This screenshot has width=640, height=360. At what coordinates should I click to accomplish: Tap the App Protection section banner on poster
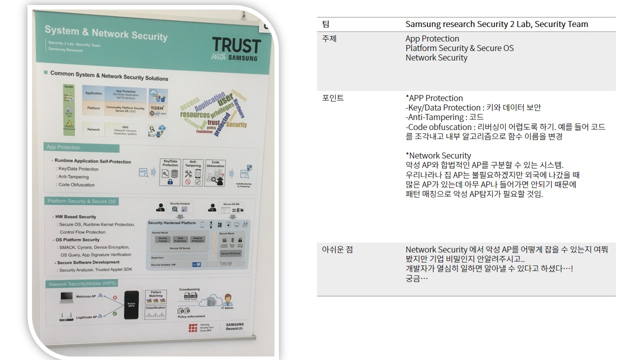point(63,147)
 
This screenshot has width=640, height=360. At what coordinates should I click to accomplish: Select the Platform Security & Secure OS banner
point(81,201)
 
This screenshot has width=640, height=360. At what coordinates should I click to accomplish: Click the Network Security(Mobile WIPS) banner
point(83,284)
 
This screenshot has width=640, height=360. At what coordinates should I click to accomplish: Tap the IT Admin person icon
point(228,300)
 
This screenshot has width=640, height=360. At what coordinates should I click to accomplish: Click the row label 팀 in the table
point(326,24)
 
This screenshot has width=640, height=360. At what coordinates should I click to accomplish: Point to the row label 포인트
point(333,98)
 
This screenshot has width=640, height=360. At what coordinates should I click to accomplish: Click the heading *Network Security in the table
point(438,155)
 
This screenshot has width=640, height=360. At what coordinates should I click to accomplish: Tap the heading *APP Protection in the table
point(434,98)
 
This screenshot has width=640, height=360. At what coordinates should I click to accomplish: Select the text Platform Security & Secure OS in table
point(459,48)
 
